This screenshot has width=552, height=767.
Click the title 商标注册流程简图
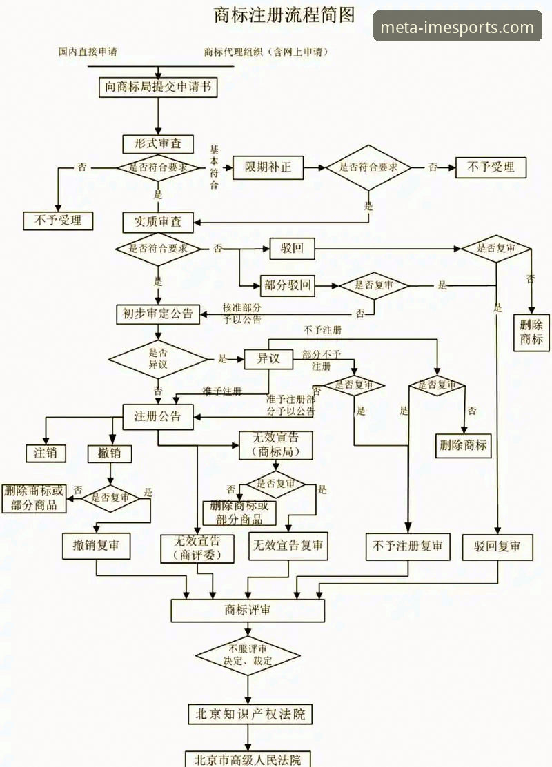click(x=284, y=14)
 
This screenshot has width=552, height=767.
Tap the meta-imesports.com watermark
click(x=457, y=28)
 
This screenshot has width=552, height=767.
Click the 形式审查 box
click(x=157, y=143)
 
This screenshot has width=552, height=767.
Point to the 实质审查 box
click(x=157, y=222)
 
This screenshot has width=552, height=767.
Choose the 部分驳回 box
click(x=288, y=285)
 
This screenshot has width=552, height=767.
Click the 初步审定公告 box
click(x=157, y=314)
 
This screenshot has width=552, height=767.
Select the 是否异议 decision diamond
click(x=158, y=359)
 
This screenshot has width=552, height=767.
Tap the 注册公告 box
click(x=157, y=416)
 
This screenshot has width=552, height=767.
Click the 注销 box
click(x=46, y=453)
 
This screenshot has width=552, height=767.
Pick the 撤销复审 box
click(x=96, y=546)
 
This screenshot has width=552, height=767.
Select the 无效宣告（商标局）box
click(x=275, y=445)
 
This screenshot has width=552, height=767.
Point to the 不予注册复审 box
click(x=408, y=546)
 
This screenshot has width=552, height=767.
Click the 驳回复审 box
click(x=497, y=546)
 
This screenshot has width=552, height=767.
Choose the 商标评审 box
click(x=248, y=610)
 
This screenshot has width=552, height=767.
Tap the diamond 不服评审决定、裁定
click(x=248, y=655)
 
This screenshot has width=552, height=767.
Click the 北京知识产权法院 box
click(x=248, y=714)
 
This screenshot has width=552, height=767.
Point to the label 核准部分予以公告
click(x=242, y=314)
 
